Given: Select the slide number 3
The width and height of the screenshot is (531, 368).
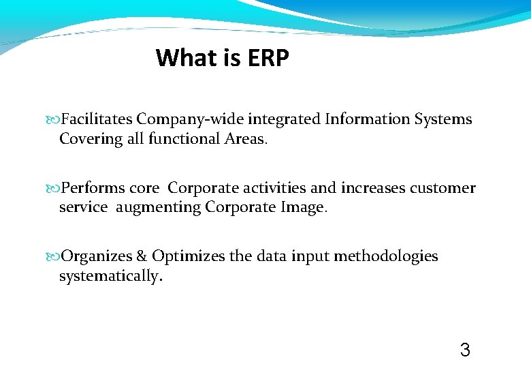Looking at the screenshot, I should click(465, 351).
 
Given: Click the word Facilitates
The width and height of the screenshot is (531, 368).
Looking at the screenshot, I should click(97, 119).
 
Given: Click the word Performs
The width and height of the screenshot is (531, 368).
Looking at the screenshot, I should click(91, 188).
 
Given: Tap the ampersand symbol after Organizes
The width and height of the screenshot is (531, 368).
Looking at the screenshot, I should click(142, 256).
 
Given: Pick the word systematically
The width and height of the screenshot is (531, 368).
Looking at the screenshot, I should click(110, 277).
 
